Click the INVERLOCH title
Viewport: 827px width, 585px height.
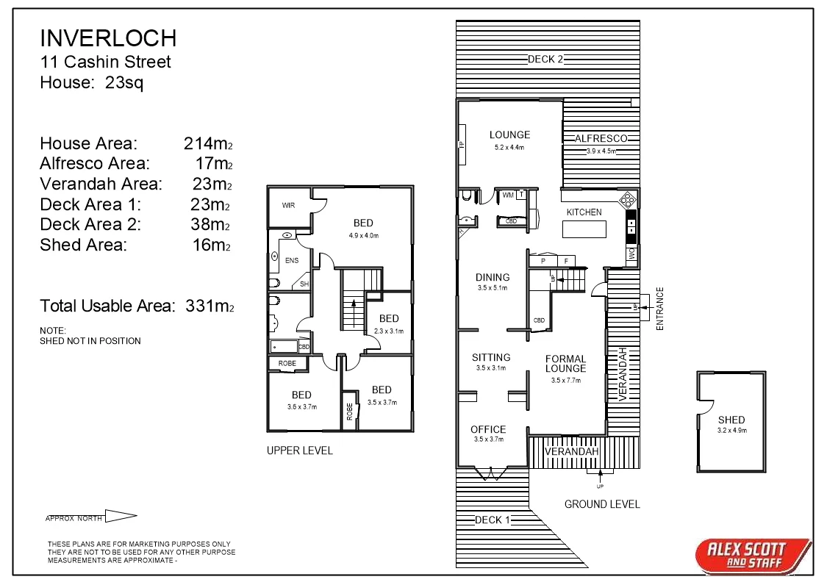point(108,38)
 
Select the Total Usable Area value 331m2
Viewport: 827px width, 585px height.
point(208,306)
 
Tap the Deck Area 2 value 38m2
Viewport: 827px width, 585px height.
point(211,224)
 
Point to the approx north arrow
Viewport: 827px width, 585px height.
point(121,517)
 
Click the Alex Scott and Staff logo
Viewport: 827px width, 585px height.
point(753,555)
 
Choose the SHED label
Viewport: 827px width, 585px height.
point(731,420)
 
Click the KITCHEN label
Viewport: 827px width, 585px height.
point(584,212)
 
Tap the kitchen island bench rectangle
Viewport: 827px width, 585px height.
point(584,229)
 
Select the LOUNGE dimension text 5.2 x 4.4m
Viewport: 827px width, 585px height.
point(509,147)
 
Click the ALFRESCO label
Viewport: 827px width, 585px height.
point(601,138)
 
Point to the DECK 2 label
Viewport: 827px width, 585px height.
point(545,60)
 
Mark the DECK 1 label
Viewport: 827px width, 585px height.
point(492,520)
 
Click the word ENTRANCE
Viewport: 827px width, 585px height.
point(659,308)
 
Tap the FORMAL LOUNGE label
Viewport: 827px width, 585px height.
point(565,364)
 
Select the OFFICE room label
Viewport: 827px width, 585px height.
point(488,429)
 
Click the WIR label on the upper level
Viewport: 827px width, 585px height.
point(288,206)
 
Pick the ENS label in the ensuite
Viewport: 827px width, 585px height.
point(292,259)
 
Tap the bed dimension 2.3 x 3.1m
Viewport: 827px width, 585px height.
point(389,331)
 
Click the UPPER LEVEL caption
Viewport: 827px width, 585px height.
point(299,451)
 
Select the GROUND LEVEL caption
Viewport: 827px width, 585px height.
point(601,504)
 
